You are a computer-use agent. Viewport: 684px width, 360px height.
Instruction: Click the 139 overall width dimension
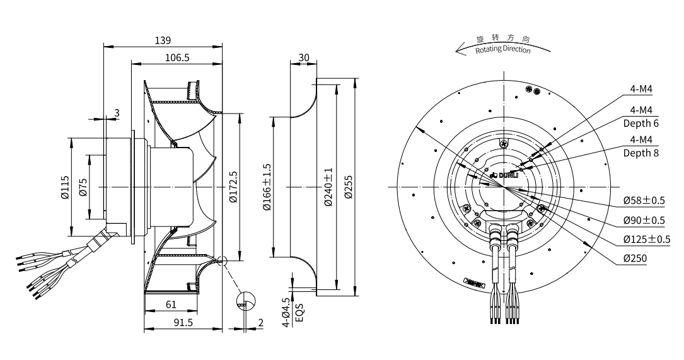tap(163, 40)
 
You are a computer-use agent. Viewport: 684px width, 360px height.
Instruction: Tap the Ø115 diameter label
tap(65, 187)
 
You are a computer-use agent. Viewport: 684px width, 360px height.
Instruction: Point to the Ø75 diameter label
tap(84, 187)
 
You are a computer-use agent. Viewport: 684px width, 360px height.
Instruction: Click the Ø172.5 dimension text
tap(233, 187)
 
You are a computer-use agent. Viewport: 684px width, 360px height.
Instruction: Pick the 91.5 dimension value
tap(182, 322)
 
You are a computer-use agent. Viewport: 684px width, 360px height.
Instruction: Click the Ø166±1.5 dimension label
tap(266, 187)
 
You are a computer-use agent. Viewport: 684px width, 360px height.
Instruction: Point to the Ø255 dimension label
tap(349, 187)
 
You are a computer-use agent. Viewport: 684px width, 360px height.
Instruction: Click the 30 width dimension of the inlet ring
tap(303, 57)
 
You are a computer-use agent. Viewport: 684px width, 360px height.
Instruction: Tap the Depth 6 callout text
tap(641, 123)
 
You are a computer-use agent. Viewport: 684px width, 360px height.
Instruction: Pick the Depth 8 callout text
tap(641, 152)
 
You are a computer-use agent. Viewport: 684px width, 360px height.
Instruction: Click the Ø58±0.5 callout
tap(644, 201)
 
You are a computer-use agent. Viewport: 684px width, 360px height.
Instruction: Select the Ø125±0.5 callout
tap(646, 239)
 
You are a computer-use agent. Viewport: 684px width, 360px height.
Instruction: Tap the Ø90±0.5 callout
tap(644, 220)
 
